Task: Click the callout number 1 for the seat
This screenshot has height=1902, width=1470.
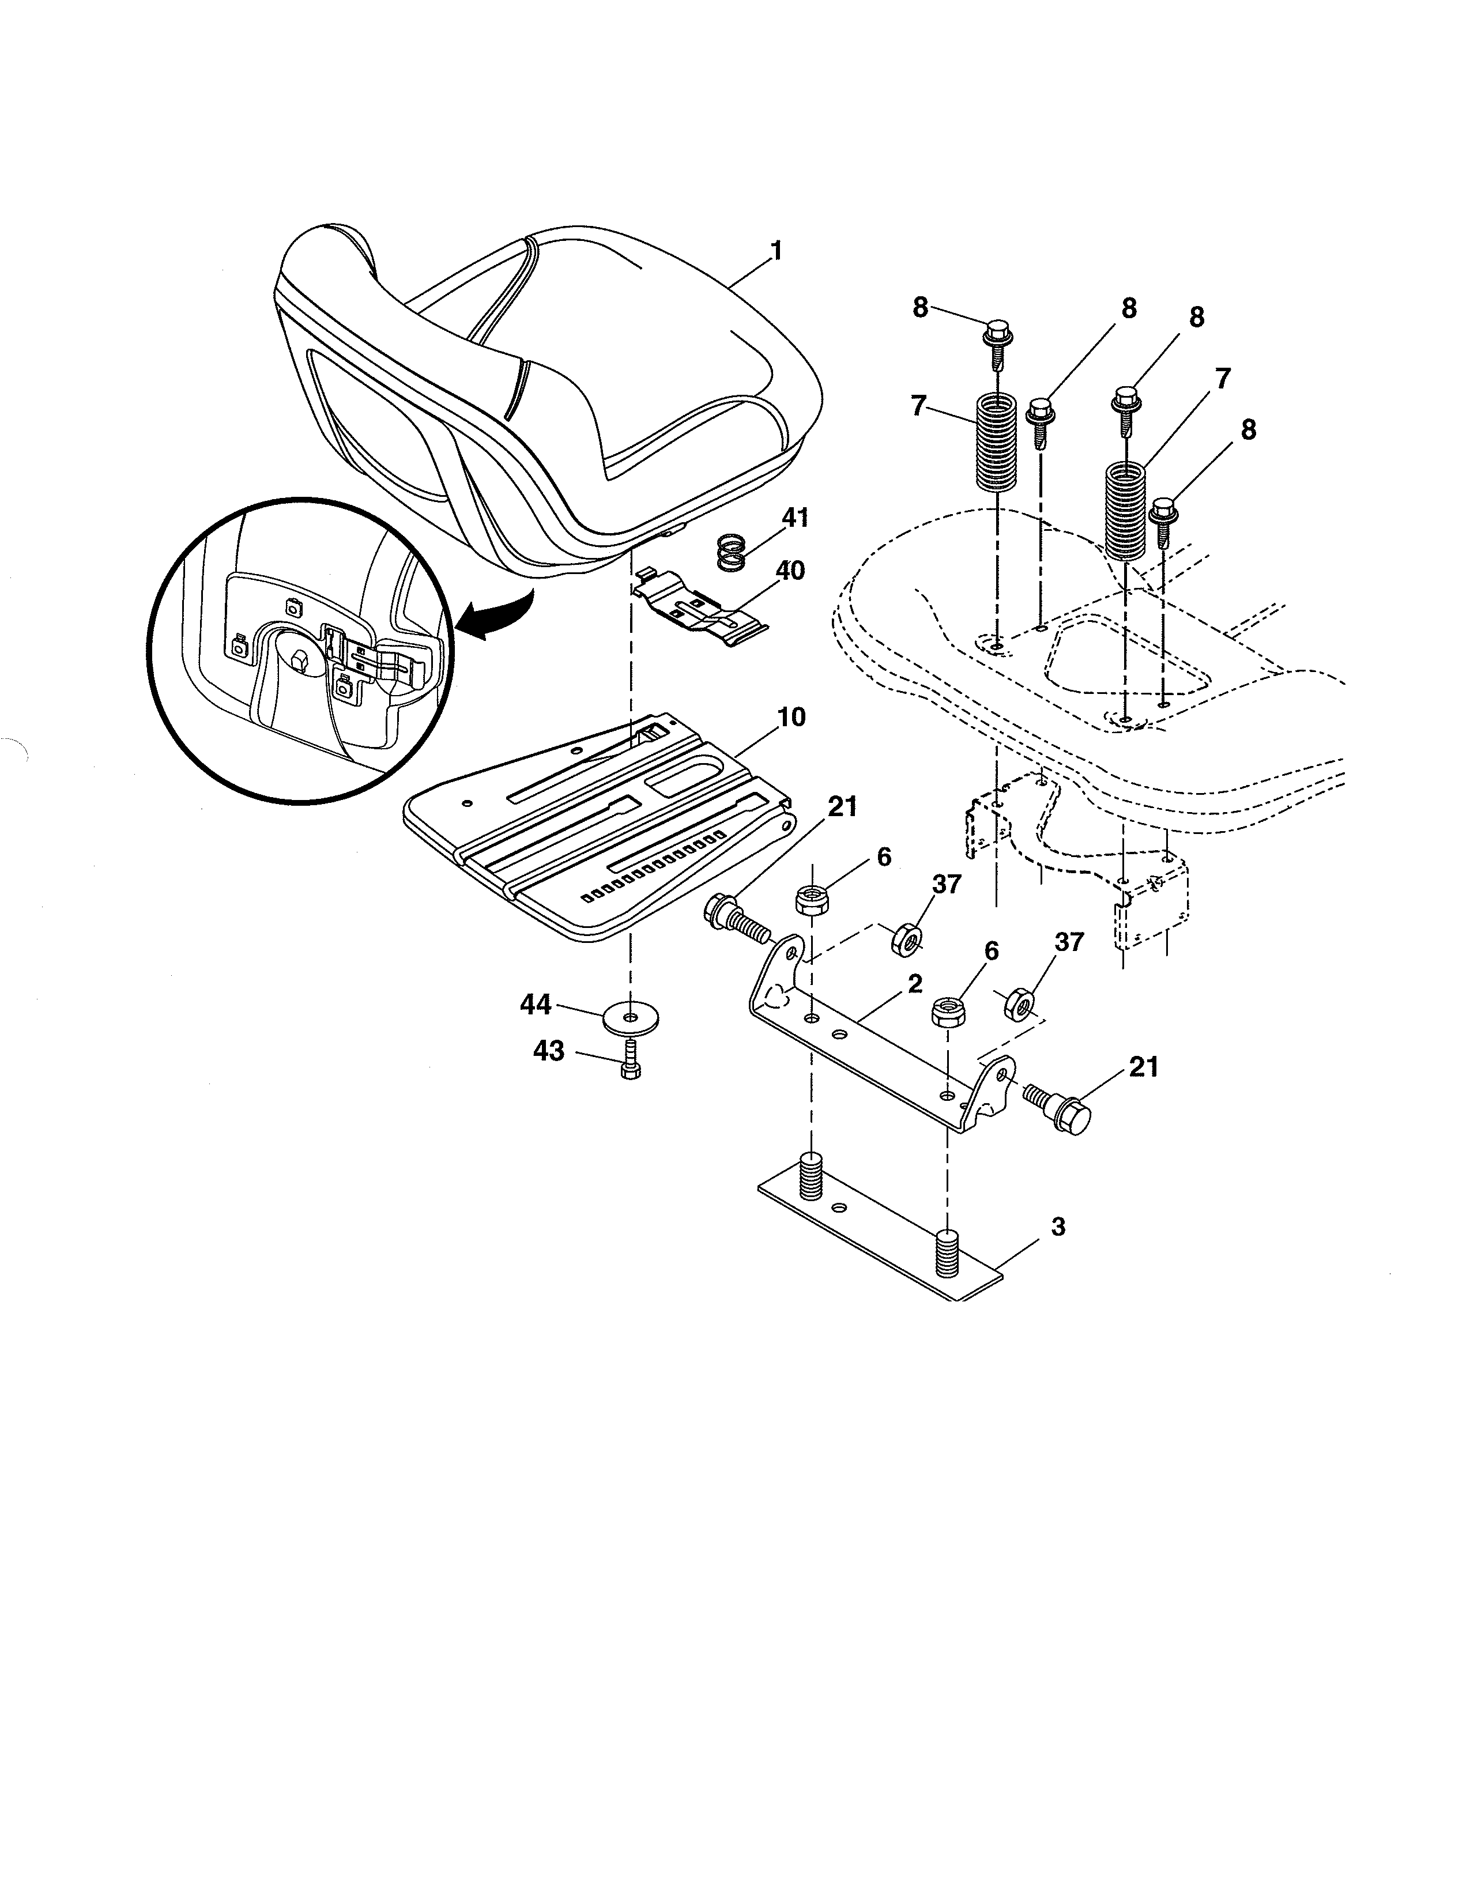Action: tap(775, 252)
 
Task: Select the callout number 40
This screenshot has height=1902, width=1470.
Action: tap(790, 571)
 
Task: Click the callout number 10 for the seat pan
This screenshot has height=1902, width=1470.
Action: tap(791, 718)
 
